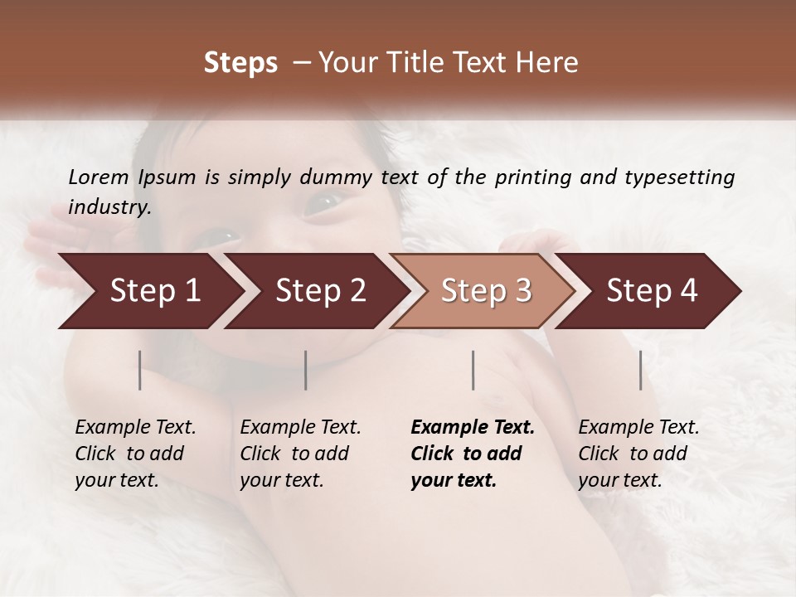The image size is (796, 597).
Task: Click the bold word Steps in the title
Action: [240, 62]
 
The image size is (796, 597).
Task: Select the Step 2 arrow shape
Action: [320, 291]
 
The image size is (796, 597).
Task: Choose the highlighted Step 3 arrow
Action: [486, 291]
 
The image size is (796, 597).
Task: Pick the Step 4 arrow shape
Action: [652, 291]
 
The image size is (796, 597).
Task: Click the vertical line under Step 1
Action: [140, 370]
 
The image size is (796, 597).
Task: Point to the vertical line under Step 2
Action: [306, 370]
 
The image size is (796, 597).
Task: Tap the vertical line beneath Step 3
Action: [473, 370]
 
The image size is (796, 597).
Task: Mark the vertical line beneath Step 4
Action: [640, 370]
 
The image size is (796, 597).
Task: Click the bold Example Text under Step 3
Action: [472, 453]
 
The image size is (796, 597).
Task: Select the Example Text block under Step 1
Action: [135, 453]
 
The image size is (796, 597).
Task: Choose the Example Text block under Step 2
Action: [300, 453]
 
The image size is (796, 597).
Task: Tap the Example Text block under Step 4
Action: [638, 453]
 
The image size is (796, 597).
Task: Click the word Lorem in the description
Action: [99, 177]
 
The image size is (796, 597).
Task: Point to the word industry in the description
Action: [109, 207]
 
